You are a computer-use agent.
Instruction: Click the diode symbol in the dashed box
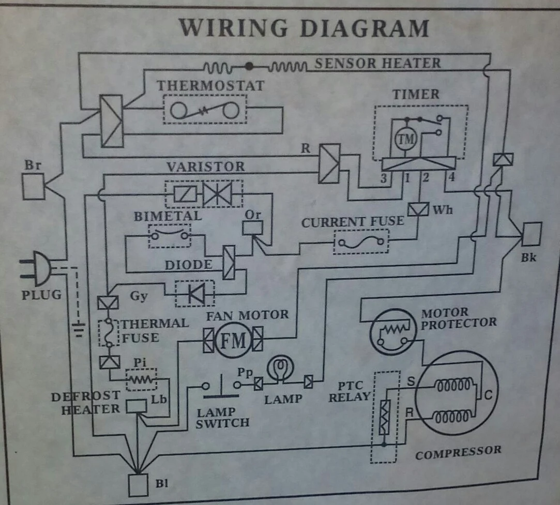[196, 293]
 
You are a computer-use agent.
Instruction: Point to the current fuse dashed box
[361, 241]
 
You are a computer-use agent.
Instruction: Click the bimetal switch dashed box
[169, 236]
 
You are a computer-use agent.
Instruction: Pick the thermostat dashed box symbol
[205, 109]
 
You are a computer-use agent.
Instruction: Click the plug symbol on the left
[36, 268]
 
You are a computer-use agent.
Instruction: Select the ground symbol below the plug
[78, 328]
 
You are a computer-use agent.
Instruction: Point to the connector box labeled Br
[33, 186]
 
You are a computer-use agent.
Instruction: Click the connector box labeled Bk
[532, 234]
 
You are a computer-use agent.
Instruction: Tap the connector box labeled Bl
[139, 485]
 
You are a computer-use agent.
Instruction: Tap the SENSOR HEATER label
[378, 64]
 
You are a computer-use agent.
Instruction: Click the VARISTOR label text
[205, 167]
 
